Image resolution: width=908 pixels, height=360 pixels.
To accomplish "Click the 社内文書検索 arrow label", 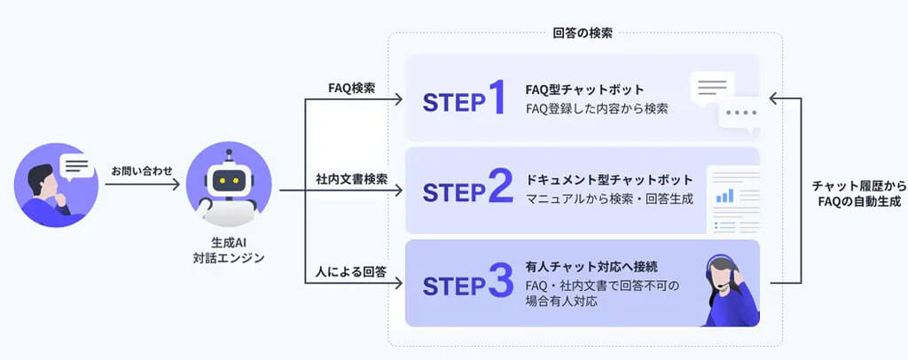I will tap(352, 179).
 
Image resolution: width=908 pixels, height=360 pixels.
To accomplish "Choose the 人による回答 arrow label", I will tap(351, 272).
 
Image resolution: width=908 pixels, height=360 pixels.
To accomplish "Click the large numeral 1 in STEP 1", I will tap(497, 98).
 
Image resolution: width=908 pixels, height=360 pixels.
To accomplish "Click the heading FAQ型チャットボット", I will tap(584, 90).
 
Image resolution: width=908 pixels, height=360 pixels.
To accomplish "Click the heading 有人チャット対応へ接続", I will tap(591, 266).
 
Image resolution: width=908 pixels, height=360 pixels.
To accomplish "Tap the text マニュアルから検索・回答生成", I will tap(609, 199).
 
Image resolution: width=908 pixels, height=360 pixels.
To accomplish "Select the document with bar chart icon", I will tap(732, 200).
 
